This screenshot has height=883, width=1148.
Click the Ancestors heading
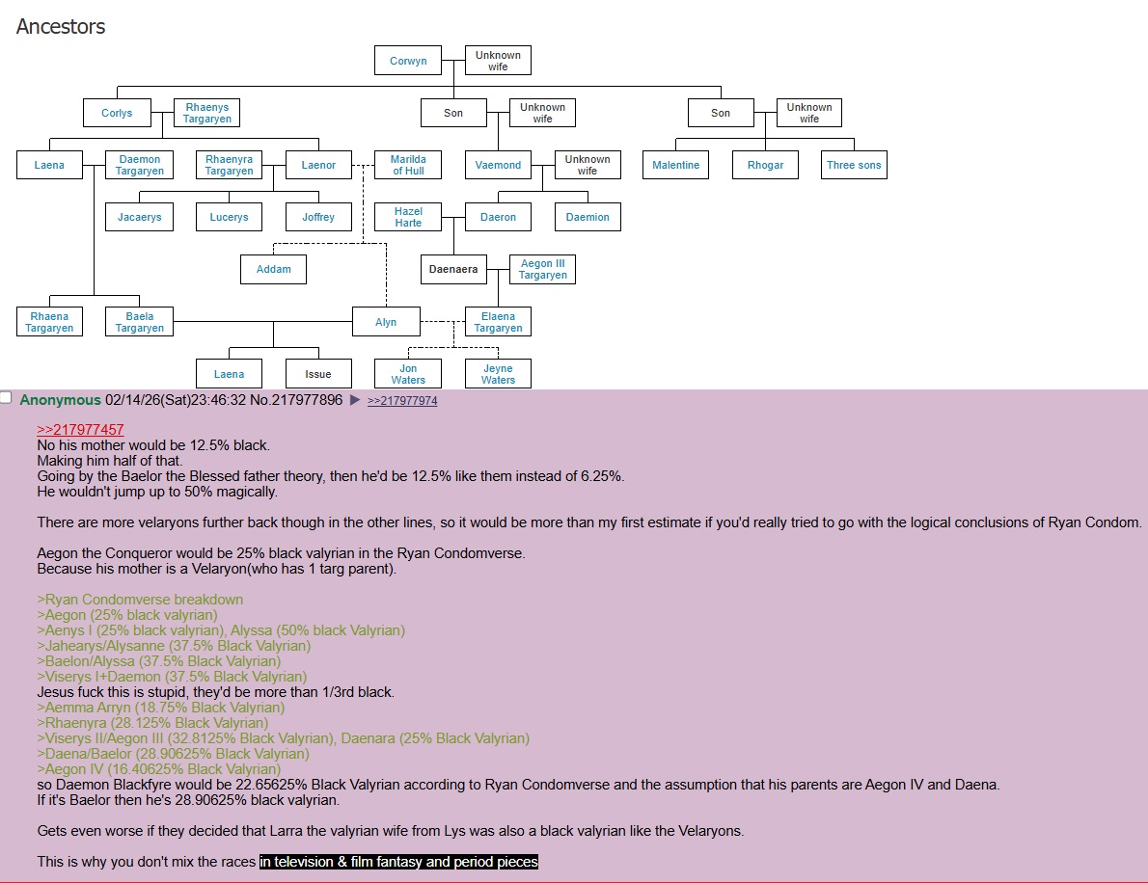tap(61, 27)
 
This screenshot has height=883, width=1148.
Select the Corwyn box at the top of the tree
tap(408, 61)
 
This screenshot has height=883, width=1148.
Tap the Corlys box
tap(117, 113)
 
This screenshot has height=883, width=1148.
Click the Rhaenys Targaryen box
tap(207, 113)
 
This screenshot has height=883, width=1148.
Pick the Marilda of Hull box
tap(408, 165)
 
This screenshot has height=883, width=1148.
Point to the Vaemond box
tap(498, 165)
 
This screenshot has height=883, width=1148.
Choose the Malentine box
tap(675, 165)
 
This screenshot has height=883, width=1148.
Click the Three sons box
tap(854, 165)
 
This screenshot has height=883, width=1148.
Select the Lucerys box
tap(229, 217)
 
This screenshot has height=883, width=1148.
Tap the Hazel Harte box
tap(408, 217)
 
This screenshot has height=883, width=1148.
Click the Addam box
tap(273, 269)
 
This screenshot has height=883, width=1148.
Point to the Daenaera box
tap(453, 269)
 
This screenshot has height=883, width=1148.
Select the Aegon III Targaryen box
tap(542, 269)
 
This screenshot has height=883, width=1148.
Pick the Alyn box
tap(386, 322)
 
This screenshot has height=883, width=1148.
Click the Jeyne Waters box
tap(498, 374)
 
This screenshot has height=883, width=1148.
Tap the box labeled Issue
tap(318, 374)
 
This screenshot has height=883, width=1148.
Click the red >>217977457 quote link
tap(80, 430)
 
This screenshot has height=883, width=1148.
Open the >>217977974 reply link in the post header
tap(402, 401)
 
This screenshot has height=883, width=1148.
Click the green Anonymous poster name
tap(60, 400)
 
